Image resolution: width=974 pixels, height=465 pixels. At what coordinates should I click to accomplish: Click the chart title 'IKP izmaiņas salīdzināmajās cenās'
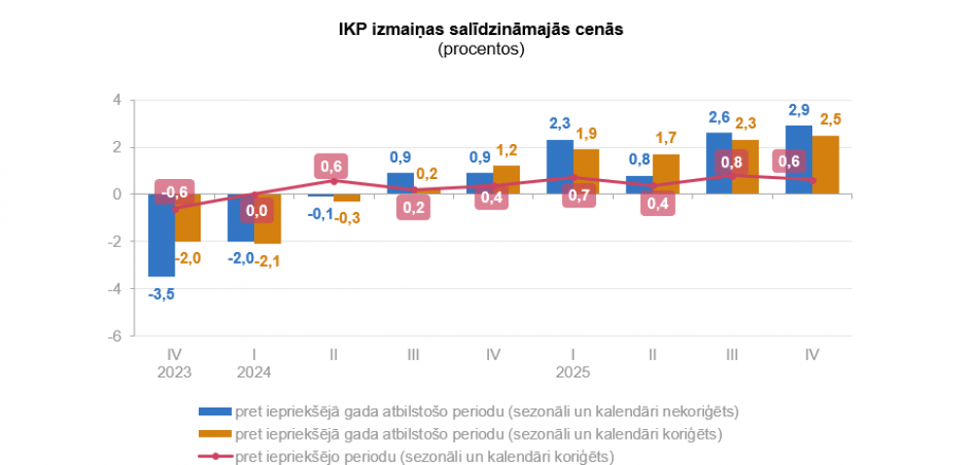pos(480,30)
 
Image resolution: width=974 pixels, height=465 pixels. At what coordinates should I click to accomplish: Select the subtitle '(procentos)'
pos(480,49)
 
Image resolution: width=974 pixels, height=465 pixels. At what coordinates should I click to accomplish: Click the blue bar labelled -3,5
pos(162,235)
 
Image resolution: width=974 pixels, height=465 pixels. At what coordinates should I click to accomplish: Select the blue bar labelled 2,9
pos(799,161)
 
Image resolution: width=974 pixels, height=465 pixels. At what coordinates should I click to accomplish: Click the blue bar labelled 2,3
pos(560,167)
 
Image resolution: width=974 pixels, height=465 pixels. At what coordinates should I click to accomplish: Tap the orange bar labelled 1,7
pos(666,174)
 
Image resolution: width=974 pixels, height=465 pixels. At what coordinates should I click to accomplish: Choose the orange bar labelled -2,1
pos(268,219)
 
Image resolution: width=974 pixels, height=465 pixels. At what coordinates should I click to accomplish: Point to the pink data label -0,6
pos(175,191)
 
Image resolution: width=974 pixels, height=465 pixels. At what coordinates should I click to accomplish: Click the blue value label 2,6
pos(719,118)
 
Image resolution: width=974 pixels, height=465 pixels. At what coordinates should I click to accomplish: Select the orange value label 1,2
pos(506,150)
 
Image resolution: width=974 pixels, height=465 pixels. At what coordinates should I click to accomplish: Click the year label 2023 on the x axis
pos(175,373)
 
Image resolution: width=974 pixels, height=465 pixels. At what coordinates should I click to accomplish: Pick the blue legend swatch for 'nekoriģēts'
pos(213,410)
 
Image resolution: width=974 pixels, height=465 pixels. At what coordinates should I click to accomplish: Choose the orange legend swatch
pos(213,433)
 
